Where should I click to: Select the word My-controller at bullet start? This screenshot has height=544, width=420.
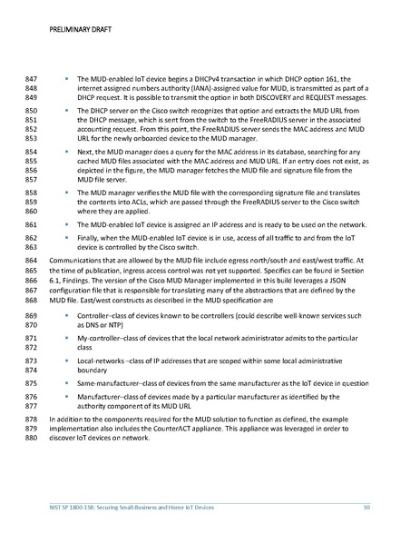(101, 312)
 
